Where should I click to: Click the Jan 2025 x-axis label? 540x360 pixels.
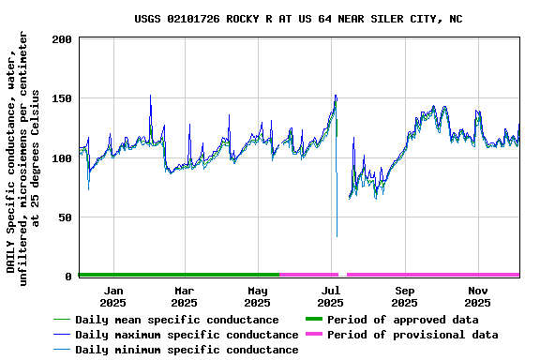112,296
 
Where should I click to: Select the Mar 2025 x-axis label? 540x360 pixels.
185,296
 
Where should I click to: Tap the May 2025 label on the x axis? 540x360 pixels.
258,296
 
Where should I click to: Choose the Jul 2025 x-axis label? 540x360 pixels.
331,296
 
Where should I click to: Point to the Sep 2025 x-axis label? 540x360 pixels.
404,296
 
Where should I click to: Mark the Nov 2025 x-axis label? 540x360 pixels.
477,296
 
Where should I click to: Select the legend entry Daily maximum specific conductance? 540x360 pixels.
187,335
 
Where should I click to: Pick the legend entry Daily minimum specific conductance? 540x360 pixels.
187,350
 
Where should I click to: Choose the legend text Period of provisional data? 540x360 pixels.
412,335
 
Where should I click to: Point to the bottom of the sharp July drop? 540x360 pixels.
337,236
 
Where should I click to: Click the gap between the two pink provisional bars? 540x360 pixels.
342,275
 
